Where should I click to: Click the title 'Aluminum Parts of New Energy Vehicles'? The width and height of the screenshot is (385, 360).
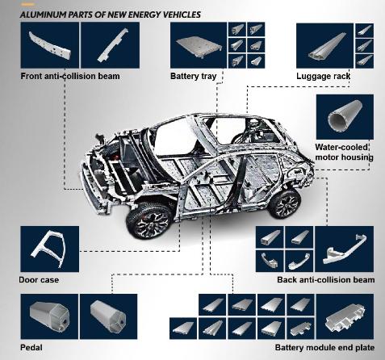point(111,15)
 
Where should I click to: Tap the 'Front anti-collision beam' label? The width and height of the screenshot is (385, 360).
point(70,76)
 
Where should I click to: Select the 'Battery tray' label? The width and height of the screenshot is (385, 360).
point(193,76)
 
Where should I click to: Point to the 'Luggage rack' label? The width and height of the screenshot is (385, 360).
point(323,76)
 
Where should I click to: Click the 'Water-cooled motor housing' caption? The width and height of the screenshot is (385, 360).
point(344,152)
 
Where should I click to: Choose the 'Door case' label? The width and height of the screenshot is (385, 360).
point(39,280)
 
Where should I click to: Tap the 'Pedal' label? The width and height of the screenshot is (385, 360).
point(31,347)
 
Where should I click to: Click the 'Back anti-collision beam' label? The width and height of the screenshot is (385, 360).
point(325,280)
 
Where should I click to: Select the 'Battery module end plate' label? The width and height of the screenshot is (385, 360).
point(324,347)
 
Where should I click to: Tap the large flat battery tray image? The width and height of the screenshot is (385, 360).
point(199,45)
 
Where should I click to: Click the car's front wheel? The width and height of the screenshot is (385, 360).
point(149,221)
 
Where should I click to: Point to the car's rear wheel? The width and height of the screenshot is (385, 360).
point(284,203)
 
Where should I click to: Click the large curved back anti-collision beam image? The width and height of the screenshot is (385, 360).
point(345,249)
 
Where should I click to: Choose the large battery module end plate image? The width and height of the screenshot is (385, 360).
point(345,316)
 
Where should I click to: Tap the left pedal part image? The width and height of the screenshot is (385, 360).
point(49,316)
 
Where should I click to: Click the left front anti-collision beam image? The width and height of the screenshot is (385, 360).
point(50,45)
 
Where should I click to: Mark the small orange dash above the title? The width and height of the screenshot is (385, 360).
point(27,5)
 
